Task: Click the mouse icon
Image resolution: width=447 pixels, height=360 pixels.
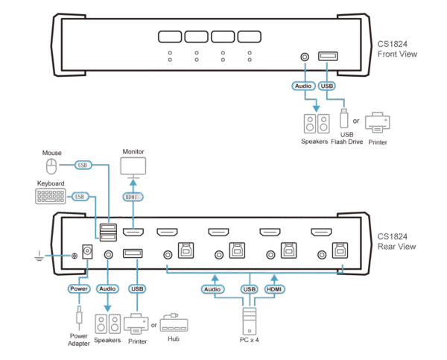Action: [49, 164]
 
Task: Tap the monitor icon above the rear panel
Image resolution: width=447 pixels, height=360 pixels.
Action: [133, 168]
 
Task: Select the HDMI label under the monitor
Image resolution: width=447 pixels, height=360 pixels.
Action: [133, 197]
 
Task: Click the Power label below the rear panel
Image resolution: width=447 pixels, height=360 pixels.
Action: [79, 287]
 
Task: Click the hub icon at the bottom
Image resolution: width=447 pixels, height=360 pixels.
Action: [175, 325]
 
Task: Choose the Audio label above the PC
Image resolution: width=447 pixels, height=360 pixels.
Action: [212, 288]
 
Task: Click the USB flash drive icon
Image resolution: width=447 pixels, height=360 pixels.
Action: [343, 119]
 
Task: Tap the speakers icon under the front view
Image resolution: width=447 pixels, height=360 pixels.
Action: [314, 121]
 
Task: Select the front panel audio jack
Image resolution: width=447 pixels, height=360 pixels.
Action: [304, 57]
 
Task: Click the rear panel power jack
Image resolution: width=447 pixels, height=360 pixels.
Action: [86, 252]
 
